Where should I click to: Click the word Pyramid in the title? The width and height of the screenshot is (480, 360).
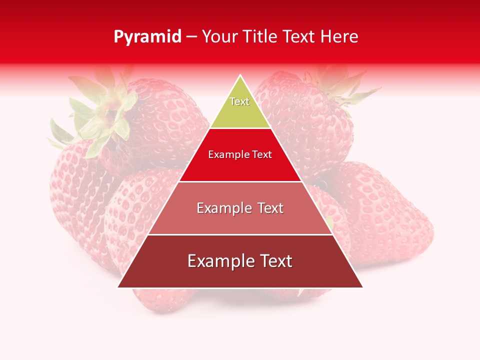[x=147, y=37]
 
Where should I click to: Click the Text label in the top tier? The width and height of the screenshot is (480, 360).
[x=239, y=101]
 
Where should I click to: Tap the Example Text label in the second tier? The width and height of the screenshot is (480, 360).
[x=240, y=154]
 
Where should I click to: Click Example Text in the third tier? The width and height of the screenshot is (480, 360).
[x=240, y=208]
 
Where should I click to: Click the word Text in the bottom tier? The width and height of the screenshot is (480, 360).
[x=275, y=261]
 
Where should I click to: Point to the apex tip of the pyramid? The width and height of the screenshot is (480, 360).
[x=240, y=76]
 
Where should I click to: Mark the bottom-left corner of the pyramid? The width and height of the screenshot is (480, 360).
[x=118, y=287]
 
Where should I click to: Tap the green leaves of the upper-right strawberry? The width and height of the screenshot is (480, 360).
[x=345, y=90]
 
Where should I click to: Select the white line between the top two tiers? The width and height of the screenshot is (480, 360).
[x=240, y=128]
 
